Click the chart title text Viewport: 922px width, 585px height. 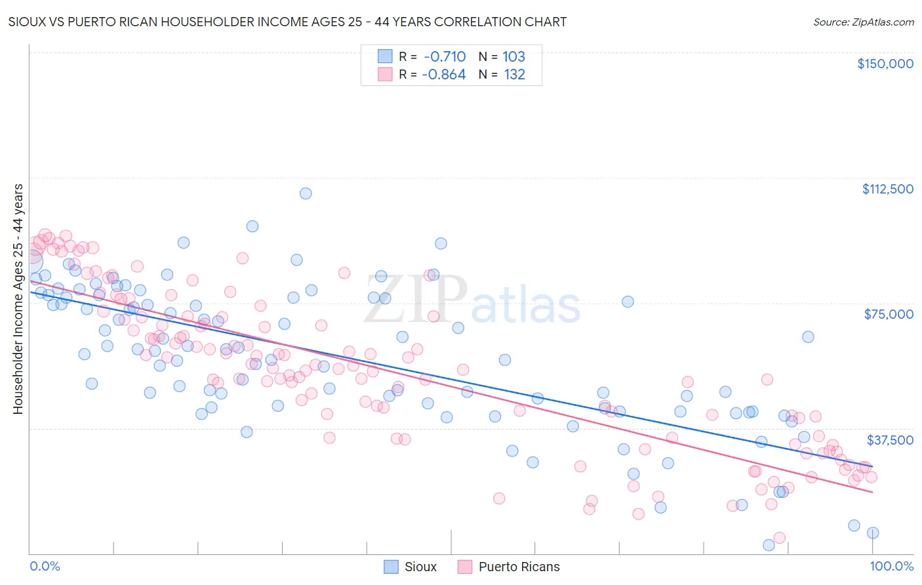click(287, 22)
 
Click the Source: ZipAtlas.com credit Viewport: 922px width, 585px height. click(863, 22)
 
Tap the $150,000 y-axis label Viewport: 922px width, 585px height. click(885, 64)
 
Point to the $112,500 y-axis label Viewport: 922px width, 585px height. click(887, 189)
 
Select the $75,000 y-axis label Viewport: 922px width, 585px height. click(889, 314)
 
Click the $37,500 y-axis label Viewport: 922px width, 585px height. click(890, 440)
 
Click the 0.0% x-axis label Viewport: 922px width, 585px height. click(45, 566)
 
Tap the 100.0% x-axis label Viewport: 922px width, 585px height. click(891, 566)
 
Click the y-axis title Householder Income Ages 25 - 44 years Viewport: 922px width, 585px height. click(18, 299)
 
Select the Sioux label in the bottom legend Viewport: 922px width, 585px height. click(420, 567)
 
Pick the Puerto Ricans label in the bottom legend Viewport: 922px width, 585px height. click(519, 567)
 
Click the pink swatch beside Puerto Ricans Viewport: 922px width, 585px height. click(465, 567)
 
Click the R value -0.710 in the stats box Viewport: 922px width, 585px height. click(445, 56)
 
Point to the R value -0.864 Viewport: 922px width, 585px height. click(444, 74)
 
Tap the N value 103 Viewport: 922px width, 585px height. click(513, 56)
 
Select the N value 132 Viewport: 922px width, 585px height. click(514, 74)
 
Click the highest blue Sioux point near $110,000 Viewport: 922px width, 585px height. click(306, 193)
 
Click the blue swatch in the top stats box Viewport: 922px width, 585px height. click(385, 56)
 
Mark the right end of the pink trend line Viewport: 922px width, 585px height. click(873, 492)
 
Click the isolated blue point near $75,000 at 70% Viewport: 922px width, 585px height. click(628, 302)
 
